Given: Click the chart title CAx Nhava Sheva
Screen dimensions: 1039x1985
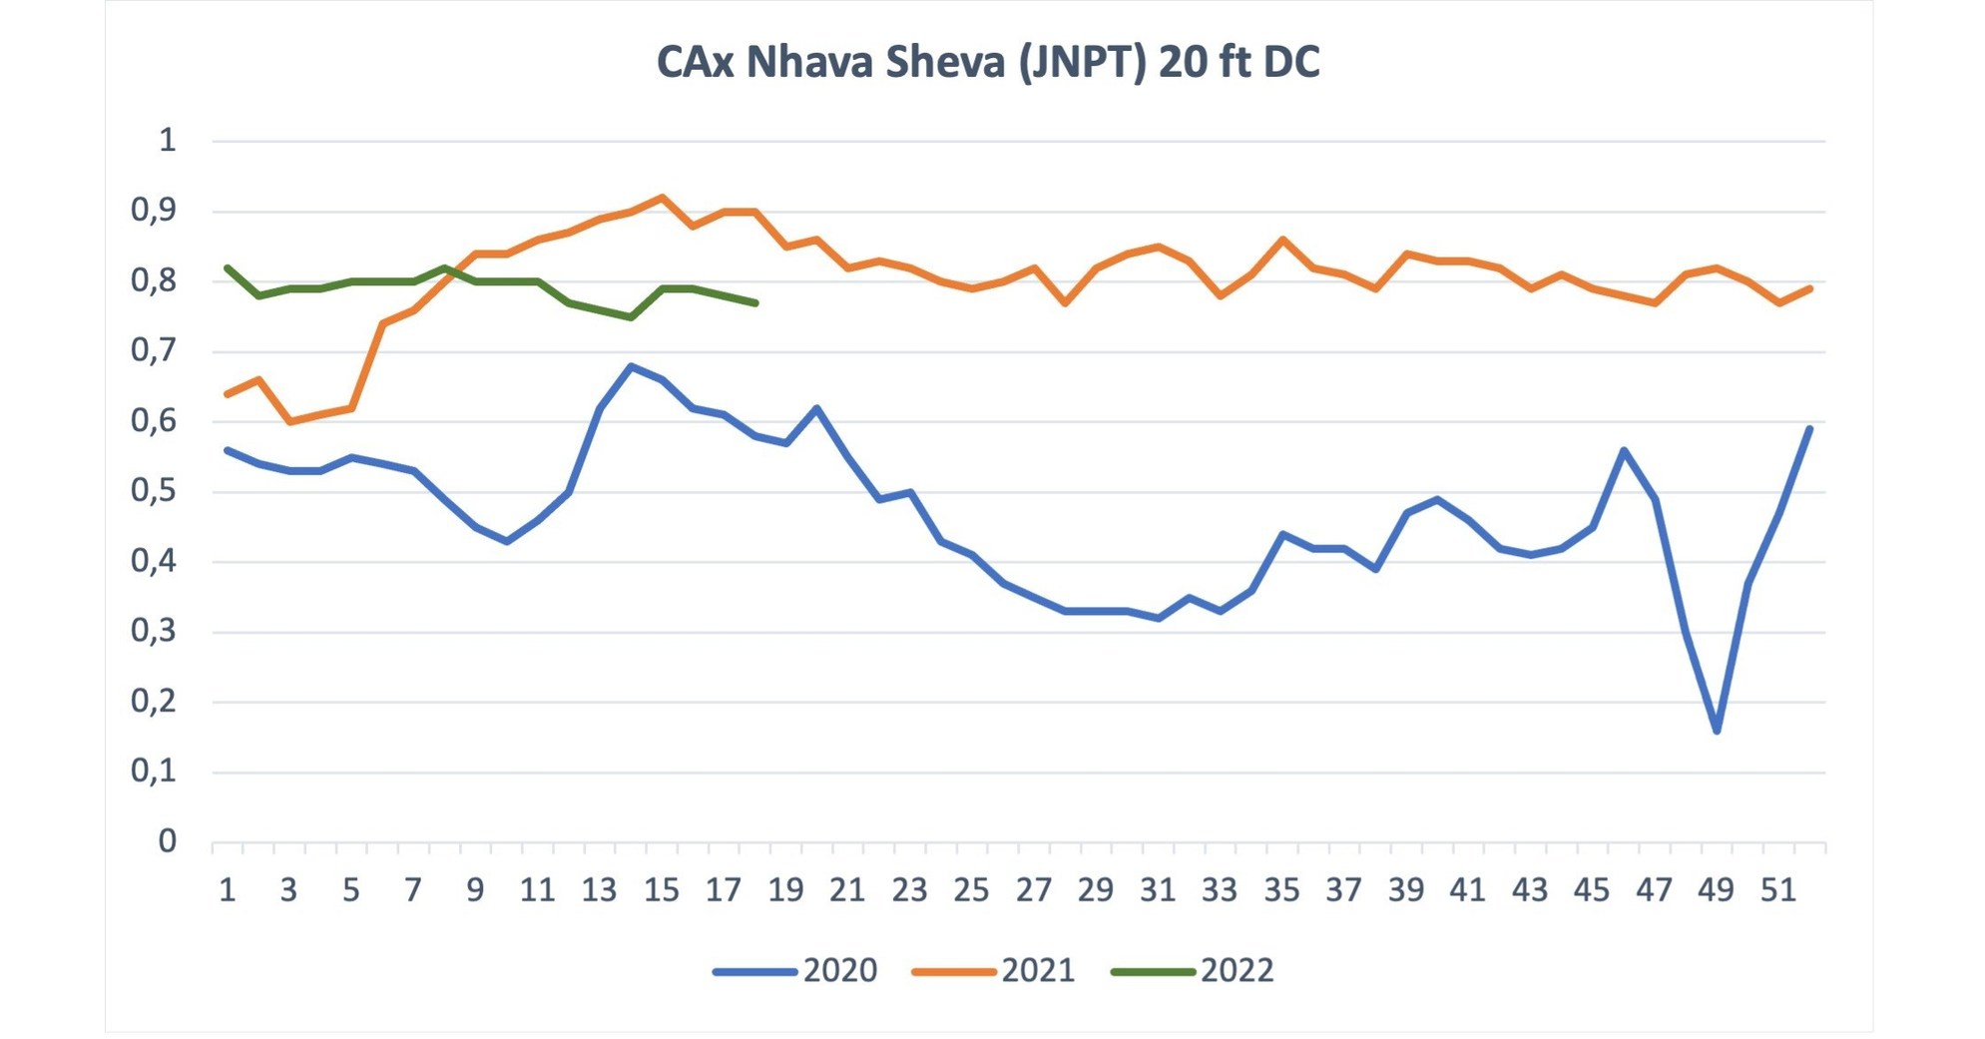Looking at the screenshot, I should point(988,62).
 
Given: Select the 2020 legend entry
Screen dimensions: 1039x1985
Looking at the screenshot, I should point(795,970).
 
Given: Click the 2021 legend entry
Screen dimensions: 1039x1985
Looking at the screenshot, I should point(994,970).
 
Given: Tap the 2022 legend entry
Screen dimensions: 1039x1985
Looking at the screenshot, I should point(1193,970).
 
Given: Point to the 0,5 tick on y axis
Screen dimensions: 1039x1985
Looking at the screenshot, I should point(153,491).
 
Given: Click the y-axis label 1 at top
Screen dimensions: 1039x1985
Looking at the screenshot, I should point(167,140).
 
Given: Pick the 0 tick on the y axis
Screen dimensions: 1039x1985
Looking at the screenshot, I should point(167,841).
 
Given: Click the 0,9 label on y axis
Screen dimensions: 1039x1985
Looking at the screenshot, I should point(153,211).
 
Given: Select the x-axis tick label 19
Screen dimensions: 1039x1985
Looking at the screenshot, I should point(785,889).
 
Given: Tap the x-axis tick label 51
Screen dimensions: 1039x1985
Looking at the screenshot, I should point(1777,889).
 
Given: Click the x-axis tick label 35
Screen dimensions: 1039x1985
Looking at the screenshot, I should point(1281,889).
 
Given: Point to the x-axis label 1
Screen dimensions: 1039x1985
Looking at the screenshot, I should point(228,889).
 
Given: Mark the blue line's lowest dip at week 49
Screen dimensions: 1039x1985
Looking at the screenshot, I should point(1717,731).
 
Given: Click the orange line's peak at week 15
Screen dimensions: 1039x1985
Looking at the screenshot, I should point(662,198).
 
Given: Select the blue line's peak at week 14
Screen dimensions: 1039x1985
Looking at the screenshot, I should point(631,366).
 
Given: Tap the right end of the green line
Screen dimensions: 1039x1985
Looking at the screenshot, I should point(755,302).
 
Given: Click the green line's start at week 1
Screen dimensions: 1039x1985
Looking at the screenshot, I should point(228,267).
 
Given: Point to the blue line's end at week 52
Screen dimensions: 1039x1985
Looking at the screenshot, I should point(1809,428).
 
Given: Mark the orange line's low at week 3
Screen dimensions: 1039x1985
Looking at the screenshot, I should point(289,421).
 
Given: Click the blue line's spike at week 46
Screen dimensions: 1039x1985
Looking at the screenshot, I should point(1624,450).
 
